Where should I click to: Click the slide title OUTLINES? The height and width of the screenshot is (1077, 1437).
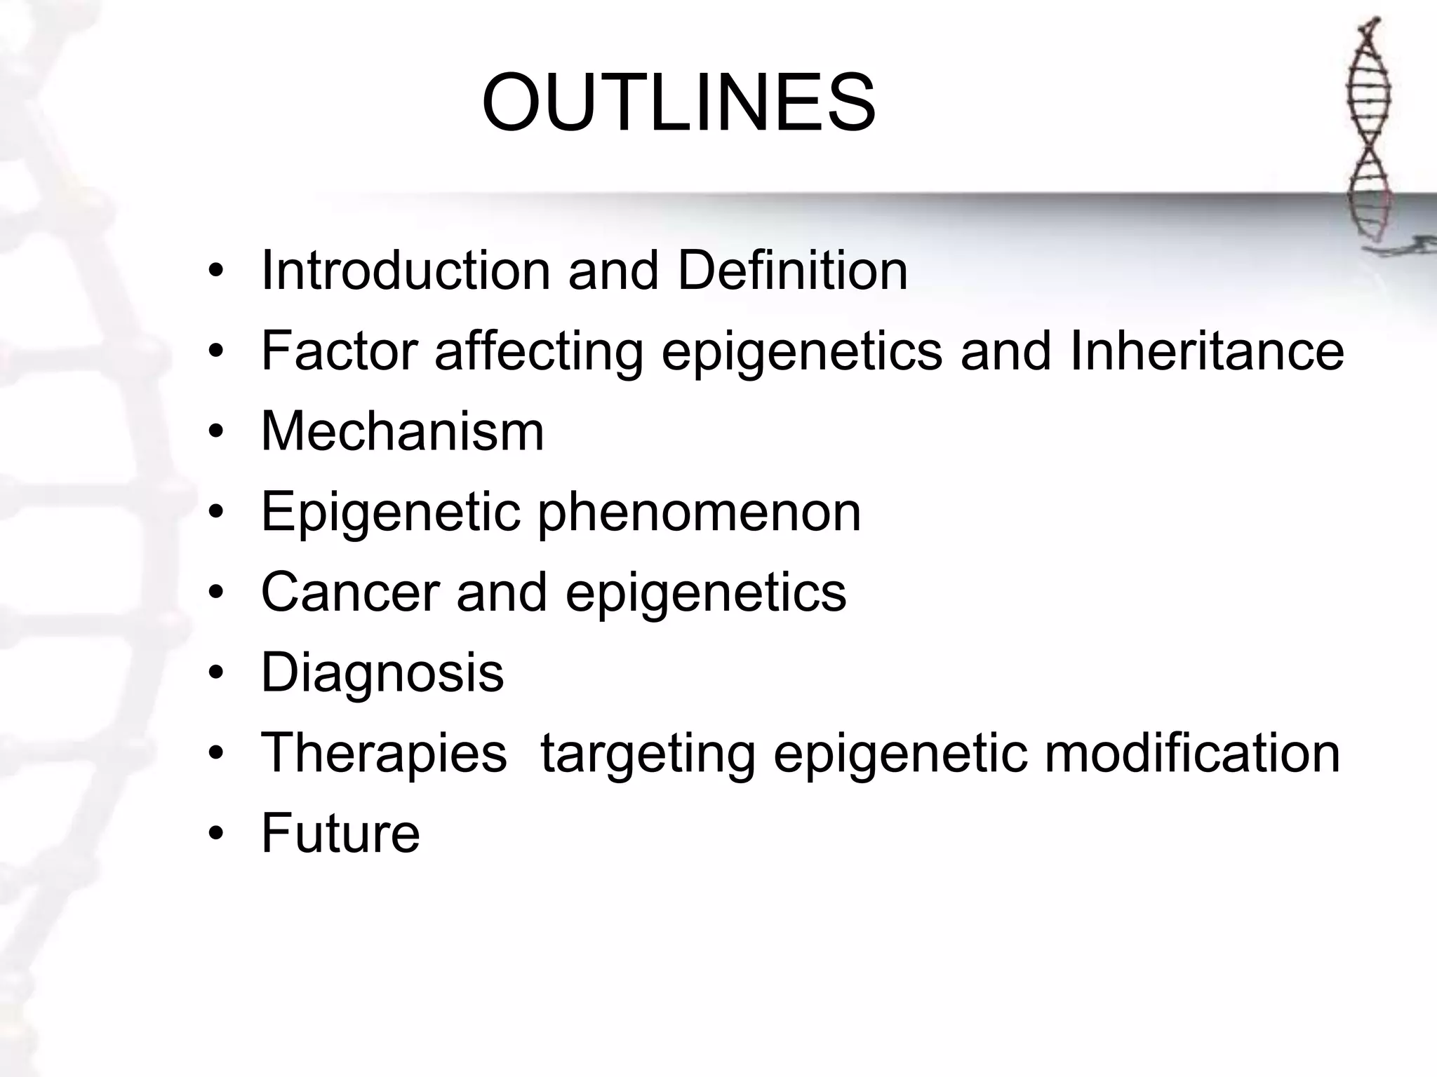679,103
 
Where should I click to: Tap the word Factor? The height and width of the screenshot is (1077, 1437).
339,351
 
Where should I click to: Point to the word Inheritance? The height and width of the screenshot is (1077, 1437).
1207,351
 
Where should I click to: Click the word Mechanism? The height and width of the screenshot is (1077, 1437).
403,431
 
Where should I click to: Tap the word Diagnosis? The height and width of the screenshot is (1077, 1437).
382,674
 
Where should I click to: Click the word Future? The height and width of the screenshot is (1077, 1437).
340,834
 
